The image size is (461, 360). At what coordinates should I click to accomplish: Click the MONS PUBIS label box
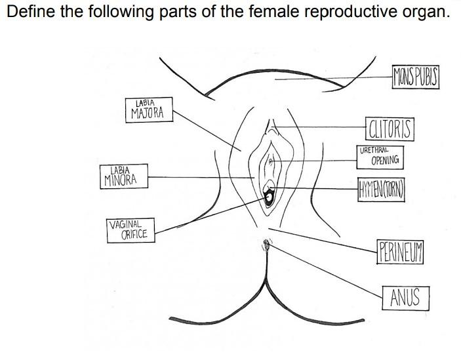(414, 76)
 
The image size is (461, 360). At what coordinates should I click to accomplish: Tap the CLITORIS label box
(390, 129)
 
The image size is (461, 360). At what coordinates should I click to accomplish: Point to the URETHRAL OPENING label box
(381, 156)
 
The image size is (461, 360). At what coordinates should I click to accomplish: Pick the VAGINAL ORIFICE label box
(130, 230)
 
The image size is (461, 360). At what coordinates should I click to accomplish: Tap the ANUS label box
(405, 298)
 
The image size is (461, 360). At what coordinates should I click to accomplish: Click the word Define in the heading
(29, 12)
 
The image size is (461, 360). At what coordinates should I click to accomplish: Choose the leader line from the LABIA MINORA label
(197, 177)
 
